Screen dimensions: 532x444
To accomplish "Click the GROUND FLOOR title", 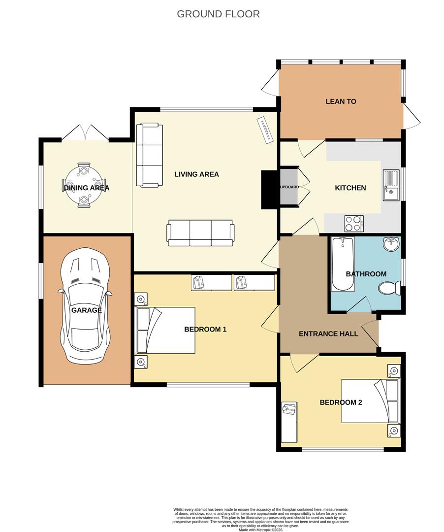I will [x=218, y=14].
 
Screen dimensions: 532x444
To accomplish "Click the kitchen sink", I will [x=391, y=185].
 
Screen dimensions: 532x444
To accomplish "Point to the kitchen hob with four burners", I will [x=354, y=224].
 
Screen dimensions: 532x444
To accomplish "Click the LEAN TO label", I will [x=341, y=101].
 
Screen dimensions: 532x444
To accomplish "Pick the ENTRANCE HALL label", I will [x=328, y=333].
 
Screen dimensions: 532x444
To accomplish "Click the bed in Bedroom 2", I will [x=371, y=401].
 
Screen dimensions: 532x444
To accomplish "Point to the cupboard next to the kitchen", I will [x=289, y=187].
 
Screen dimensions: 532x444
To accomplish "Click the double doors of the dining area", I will [x=85, y=133].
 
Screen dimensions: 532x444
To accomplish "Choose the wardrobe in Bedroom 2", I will [x=289, y=422].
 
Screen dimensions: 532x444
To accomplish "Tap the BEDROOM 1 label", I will [x=205, y=329].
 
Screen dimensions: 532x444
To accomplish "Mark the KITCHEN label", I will [x=350, y=188].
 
